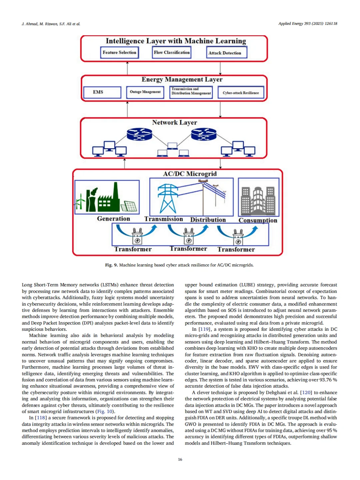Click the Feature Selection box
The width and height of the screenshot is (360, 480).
click(119, 53)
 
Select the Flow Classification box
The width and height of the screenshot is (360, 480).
click(172, 52)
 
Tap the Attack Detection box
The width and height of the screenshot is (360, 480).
click(225, 53)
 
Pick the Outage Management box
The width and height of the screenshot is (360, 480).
click(145, 92)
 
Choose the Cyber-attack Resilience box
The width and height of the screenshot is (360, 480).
click(241, 93)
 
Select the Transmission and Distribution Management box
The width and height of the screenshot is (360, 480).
click(191, 92)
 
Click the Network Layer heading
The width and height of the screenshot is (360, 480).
click(174, 123)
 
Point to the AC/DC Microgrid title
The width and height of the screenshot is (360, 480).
click(190, 174)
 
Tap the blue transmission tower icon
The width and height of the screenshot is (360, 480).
click(168, 198)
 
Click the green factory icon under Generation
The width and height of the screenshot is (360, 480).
click(103, 198)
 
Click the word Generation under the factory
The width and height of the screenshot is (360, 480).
click(113, 219)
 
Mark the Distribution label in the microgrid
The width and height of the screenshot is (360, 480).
click(208, 220)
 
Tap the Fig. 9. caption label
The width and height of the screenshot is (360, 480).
click(111, 265)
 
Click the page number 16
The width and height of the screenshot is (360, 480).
click(180, 459)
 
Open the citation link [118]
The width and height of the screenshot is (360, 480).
click(41, 418)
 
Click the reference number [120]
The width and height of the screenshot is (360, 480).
click(306, 392)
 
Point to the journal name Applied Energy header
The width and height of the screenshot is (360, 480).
click(291, 24)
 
